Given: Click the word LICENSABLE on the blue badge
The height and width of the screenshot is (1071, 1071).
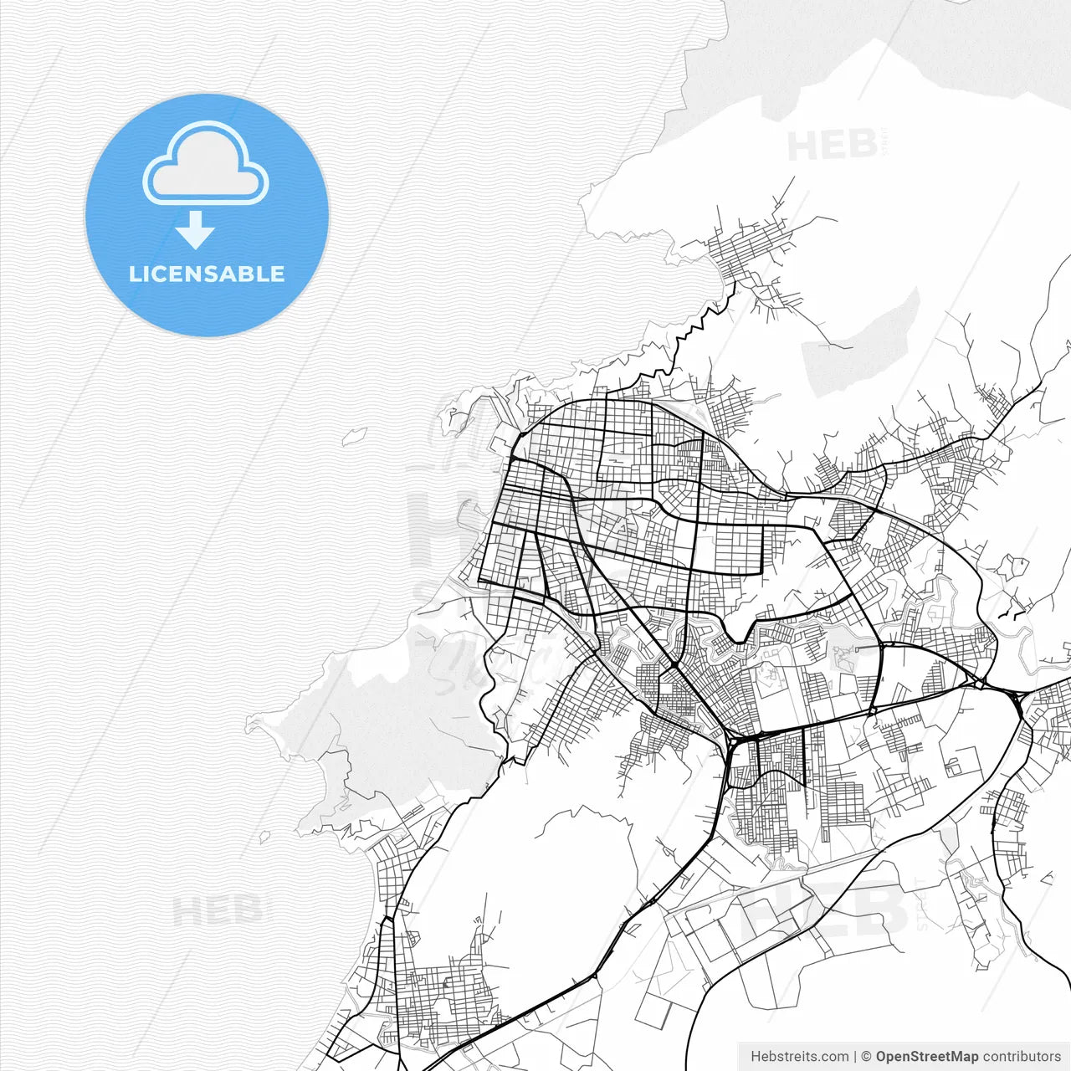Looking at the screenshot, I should point(207,274).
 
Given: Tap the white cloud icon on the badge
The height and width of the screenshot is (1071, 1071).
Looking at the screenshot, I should point(205,164).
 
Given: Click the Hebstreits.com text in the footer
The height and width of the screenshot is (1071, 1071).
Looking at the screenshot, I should point(799,1057).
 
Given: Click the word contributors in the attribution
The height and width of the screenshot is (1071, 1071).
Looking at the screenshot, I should point(1022,1057).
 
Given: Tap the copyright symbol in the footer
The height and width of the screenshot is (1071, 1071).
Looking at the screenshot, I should point(867,1057).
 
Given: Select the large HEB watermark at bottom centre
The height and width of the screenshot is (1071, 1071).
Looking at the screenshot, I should point(824,908).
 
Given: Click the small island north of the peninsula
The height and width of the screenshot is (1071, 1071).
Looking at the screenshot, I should point(355,435).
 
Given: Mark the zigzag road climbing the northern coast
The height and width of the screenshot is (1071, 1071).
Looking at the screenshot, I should point(694,326).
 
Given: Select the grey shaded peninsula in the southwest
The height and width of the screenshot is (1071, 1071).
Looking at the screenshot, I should point(377,711).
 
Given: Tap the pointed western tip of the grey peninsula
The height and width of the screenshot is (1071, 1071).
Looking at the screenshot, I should point(249,720).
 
